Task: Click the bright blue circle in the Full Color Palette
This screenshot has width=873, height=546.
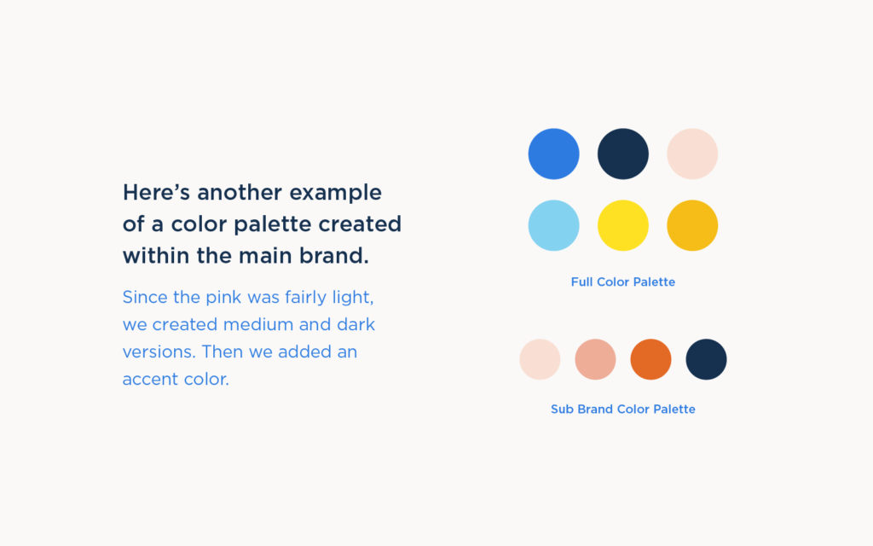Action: point(553,154)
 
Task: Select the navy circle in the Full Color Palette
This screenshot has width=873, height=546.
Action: point(623,154)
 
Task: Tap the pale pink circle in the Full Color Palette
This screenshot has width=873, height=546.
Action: point(692,154)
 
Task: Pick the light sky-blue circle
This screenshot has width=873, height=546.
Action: point(553,225)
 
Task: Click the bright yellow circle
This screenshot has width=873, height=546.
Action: point(623,225)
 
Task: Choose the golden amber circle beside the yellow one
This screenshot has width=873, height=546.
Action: point(692,225)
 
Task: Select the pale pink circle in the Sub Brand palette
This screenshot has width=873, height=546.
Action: point(540,359)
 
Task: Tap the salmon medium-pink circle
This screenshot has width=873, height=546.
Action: point(595,359)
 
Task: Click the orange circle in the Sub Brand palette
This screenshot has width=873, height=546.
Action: point(650,359)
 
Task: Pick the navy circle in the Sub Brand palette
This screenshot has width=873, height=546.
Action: point(706,359)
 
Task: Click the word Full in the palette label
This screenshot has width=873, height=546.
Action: point(581,282)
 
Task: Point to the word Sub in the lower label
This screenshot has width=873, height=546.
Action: point(562,409)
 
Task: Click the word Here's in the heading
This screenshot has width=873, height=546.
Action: point(156,192)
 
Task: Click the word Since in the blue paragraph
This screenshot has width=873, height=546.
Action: point(146,298)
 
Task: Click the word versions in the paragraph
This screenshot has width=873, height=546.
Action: point(158,352)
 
